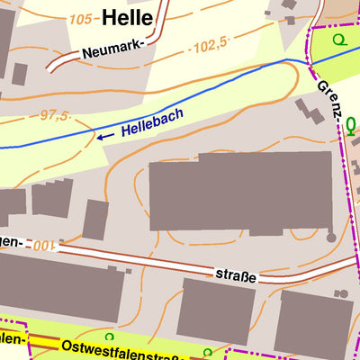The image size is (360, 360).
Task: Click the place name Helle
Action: [127, 16]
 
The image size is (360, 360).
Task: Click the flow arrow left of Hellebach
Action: [105, 136]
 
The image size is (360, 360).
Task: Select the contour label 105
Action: [81, 19]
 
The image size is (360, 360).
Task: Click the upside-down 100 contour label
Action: [41, 245]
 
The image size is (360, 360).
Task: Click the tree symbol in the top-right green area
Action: [338, 40]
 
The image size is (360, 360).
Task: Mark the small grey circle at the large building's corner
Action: [331, 238]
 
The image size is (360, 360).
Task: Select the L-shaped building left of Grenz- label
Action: [311, 112]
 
